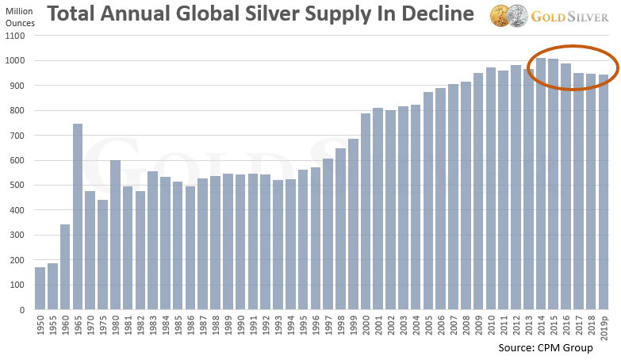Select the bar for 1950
(x=40, y=289)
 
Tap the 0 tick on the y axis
(x=23, y=310)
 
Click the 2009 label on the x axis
(x=478, y=325)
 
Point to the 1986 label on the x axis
(x=190, y=325)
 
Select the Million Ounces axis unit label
(x=19, y=17)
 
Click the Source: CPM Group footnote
(x=545, y=348)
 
